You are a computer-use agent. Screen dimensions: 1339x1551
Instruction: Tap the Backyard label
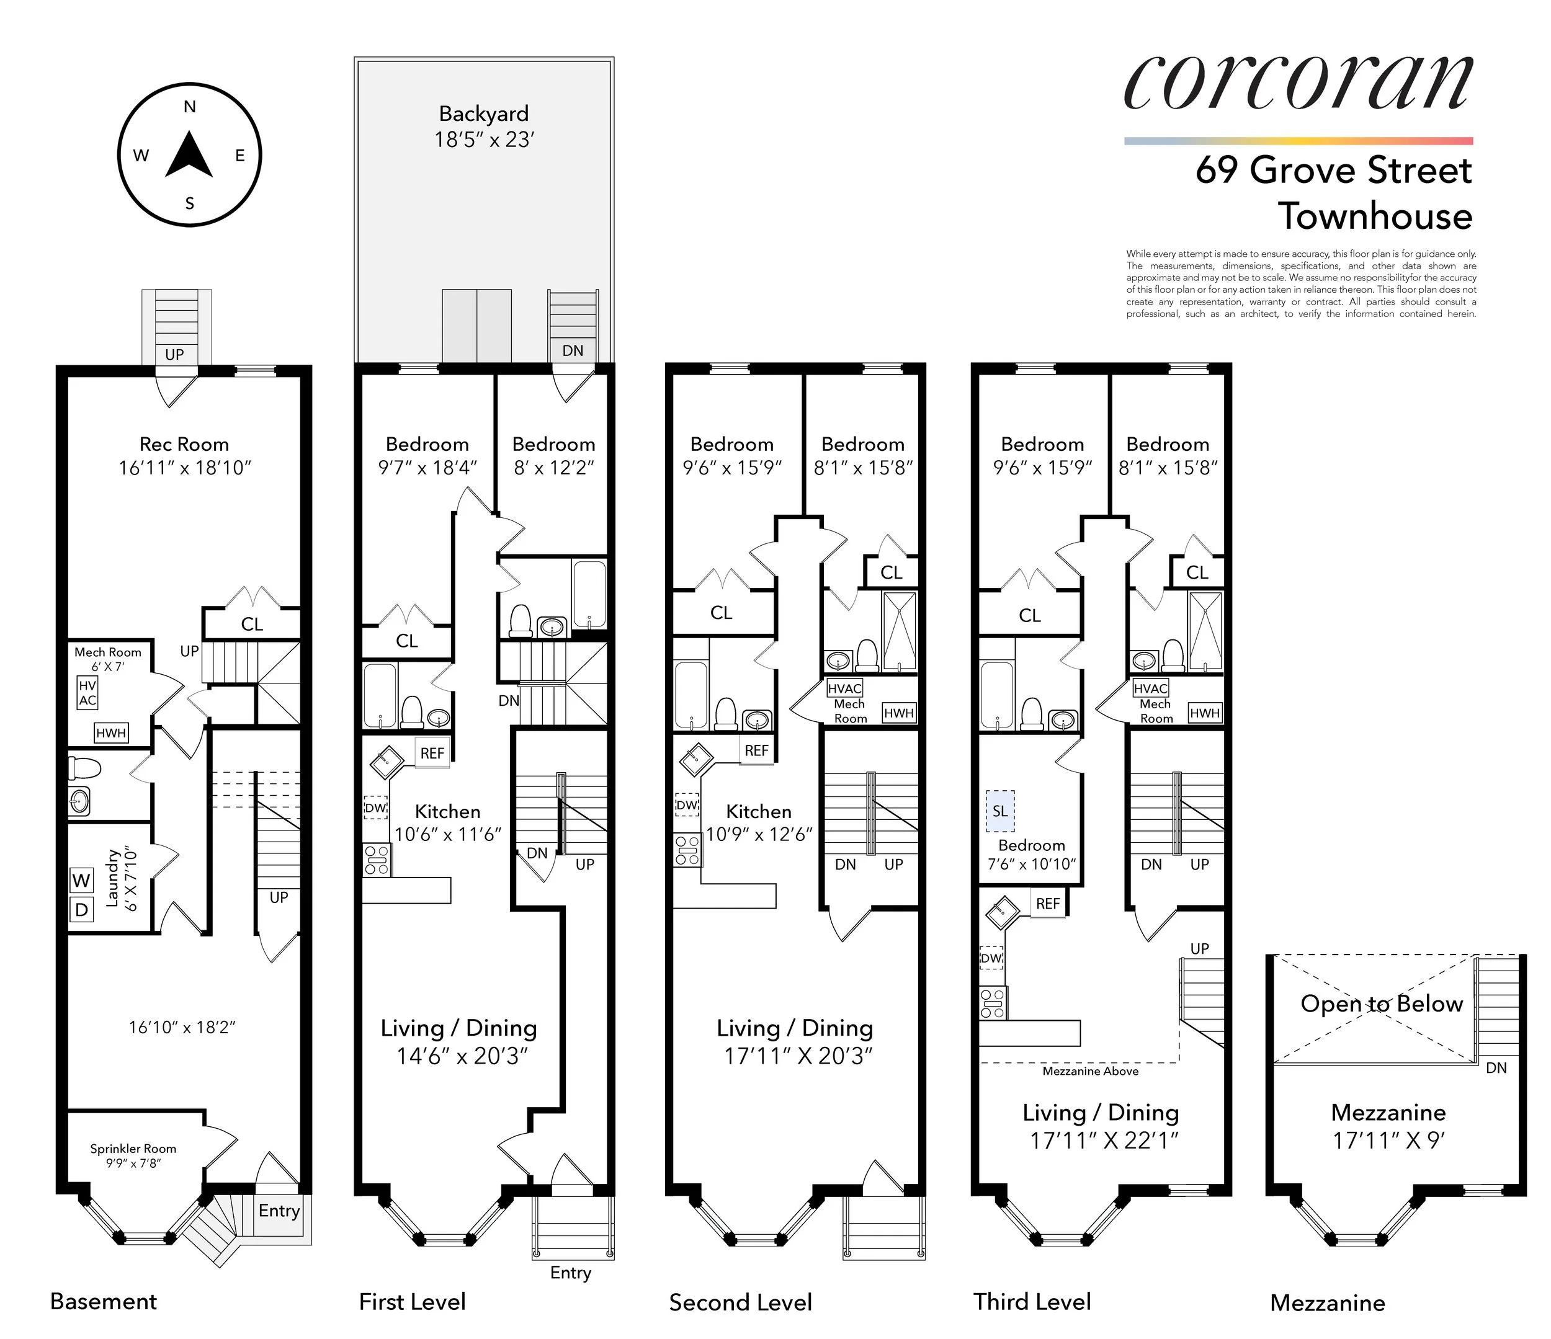pyautogui.click(x=483, y=113)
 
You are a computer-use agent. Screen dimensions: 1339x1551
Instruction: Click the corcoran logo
pyautogui.click(x=1298, y=82)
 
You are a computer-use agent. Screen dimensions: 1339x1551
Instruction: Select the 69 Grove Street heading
pyautogui.click(x=1333, y=170)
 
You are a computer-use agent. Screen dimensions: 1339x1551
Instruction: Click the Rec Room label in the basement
pyautogui.click(x=184, y=444)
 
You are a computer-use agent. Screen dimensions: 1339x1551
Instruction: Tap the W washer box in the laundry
pyautogui.click(x=81, y=880)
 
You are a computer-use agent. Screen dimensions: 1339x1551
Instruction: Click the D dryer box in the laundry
pyautogui.click(x=81, y=910)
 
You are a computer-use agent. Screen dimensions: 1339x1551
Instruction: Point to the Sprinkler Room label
pyautogui.click(x=133, y=1148)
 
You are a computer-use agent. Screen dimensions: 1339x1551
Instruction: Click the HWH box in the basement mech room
pyautogui.click(x=111, y=732)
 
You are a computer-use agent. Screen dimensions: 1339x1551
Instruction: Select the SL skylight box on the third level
pyautogui.click(x=1000, y=811)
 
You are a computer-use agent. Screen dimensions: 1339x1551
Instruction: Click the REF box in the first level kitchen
pyautogui.click(x=432, y=753)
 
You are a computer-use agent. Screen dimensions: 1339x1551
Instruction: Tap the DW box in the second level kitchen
pyautogui.click(x=686, y=806)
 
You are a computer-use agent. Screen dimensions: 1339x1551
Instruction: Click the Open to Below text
pyautogui.click(x=1381, y=1003)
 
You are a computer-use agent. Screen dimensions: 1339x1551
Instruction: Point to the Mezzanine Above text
pyautogui.click(x=1090, y=1071)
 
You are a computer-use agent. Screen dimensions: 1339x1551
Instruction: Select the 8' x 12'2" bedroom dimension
pyautogui.click(x=553, y=467)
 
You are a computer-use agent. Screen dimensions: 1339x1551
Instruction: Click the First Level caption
pyautogui.click(x=412, y=1302)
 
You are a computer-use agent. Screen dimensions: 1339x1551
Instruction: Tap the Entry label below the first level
pyautogui.click(x=570, y=1273)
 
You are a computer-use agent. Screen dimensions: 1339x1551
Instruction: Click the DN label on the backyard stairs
pyautogui.click(x=573, y=350)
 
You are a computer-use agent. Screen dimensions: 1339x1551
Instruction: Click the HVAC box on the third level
pyautogui.click(x=1150, y=688)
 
